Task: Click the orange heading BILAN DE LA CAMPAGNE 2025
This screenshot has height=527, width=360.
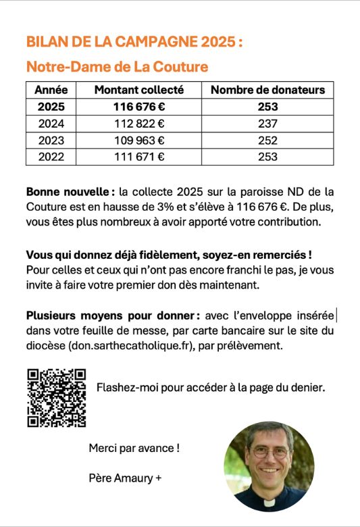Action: pyautogui.click(x=134, y=42)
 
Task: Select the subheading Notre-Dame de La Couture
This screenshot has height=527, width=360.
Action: pyautogui.click(x=117, y=67)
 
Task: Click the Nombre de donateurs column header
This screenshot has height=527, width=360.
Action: pyautogui.click(x=267, y=90)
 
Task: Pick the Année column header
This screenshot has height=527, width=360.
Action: pyautogui.click(x=51, y=90)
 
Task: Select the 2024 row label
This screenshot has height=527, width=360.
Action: pyautogui.click(x=51, y=124)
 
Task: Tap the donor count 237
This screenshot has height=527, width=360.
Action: pyautogui.click(x=267, y=124)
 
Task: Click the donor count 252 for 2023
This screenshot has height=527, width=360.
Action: pyautogui.click(x=267, y=141)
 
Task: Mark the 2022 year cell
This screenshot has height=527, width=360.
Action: pyautogui.click(x=51, y=157)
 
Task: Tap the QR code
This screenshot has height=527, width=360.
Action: pyautogui.click(x=56, y=398)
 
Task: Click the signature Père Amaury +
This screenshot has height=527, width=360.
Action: pyautogui.click(x=126, y=478)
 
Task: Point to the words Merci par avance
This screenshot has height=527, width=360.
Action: pyautogui.click(x=134, y=448)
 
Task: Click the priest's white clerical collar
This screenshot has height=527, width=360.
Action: pyautogui.click(x=269, y=503)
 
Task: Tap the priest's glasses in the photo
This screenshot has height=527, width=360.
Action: pyautogui.click(x=269, y=451)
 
